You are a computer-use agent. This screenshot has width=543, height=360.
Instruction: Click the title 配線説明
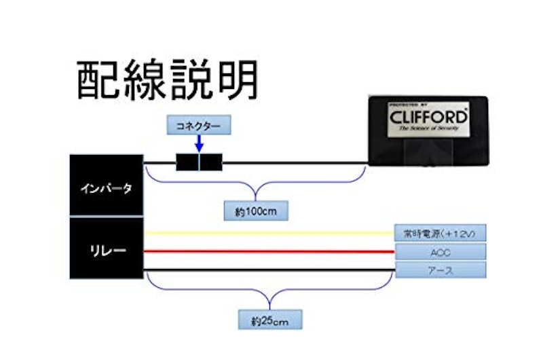[167, 82]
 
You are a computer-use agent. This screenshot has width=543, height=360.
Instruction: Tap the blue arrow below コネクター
[199, 144]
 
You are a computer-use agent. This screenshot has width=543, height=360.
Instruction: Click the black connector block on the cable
[200, 163]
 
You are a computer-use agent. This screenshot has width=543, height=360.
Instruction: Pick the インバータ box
[107, 187]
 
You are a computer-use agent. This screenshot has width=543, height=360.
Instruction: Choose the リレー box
[107, 249]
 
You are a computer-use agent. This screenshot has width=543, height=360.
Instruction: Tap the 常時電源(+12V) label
[441, 234]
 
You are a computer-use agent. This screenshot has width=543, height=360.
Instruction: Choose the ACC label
[441, 252]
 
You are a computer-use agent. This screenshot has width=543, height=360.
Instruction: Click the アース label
[441, 270]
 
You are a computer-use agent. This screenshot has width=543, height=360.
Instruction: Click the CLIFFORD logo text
[428, 116]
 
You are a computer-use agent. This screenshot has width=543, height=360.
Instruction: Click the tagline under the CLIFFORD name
[428, 127]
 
